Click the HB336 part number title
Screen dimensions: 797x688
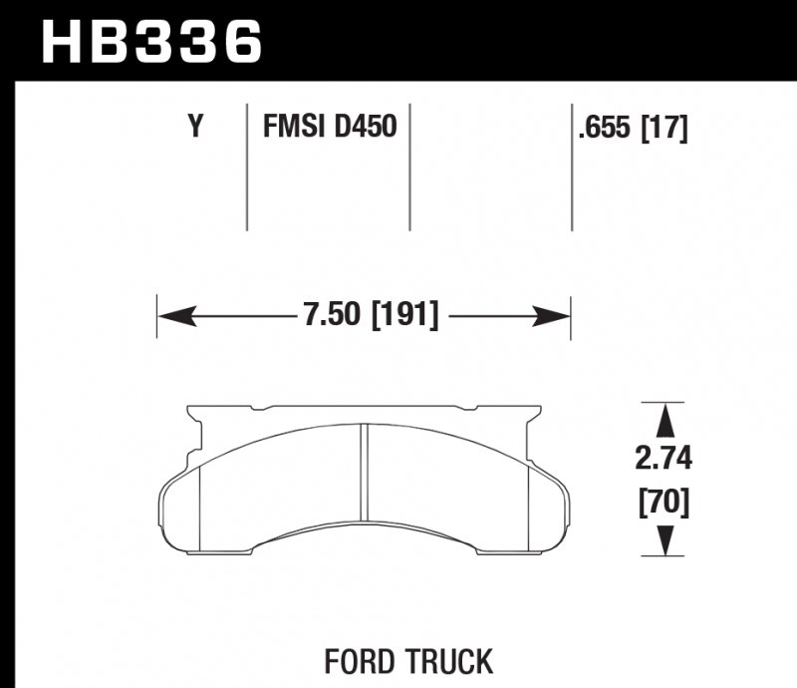coord(151,42)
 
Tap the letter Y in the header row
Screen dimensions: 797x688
coord(195,126)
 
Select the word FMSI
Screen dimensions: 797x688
coord(293,126)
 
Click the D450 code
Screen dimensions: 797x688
coord(366,126)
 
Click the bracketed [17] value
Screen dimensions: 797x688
coord(664,128)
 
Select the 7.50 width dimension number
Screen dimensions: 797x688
coord(332,314)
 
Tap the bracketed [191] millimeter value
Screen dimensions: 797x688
coord(405,315)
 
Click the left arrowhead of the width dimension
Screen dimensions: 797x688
coord(178,316)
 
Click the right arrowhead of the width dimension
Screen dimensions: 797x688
coord(551,316)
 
